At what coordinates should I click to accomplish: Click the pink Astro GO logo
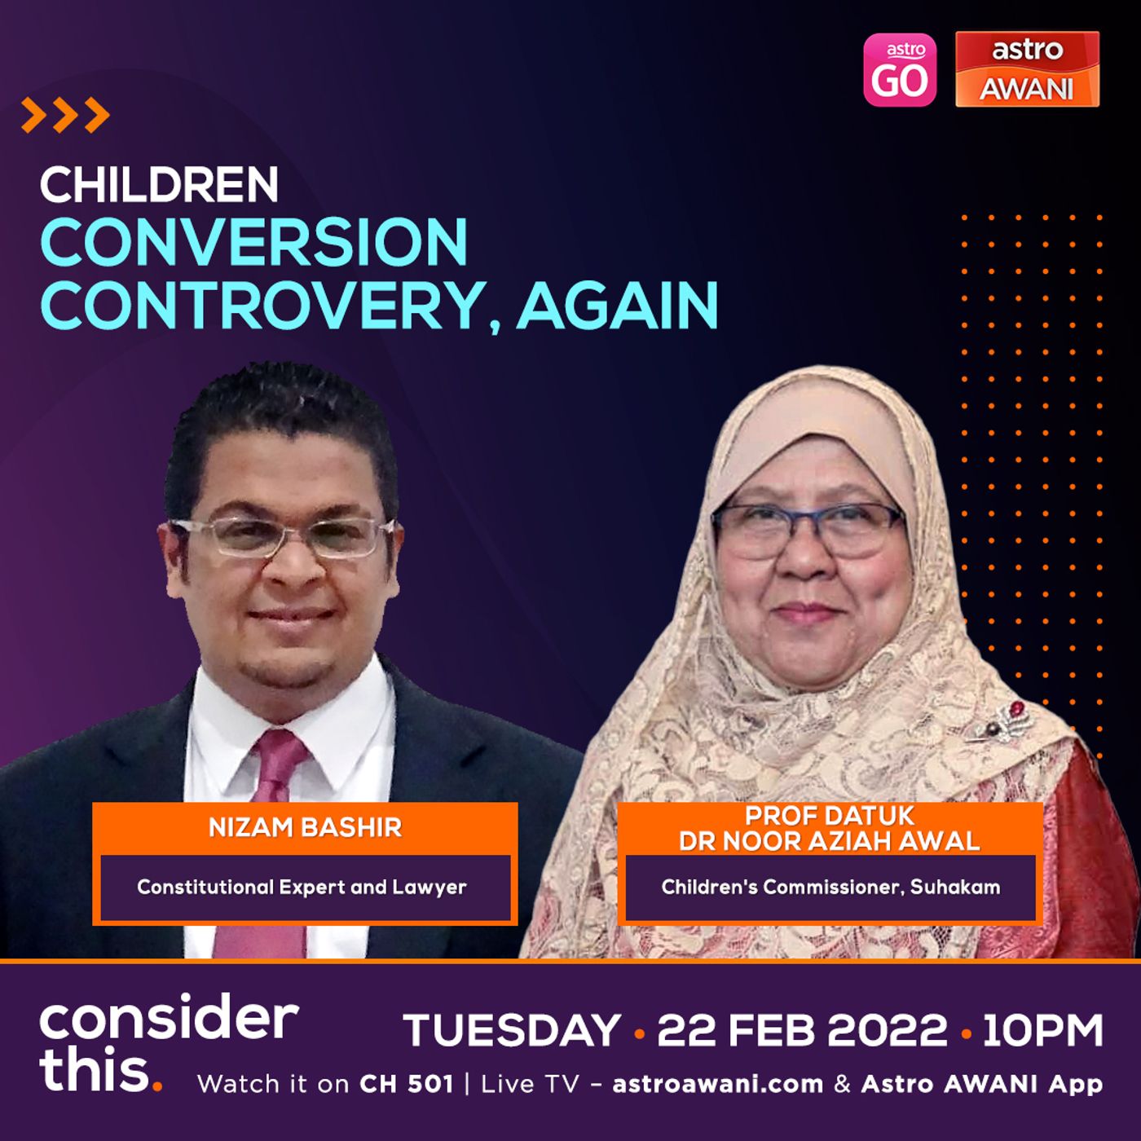900,70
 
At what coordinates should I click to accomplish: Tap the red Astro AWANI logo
1028,69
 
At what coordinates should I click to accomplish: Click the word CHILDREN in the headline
159,185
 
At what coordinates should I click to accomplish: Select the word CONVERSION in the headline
254,242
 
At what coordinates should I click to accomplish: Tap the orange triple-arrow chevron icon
65,115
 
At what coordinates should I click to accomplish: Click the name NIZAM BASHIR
305,828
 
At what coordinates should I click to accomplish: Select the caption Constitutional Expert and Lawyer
302,887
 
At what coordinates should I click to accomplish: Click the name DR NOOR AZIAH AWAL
830,841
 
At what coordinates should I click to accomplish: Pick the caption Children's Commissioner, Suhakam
830,887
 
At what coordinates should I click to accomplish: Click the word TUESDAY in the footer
512,1031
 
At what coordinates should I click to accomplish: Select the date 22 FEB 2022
802,1031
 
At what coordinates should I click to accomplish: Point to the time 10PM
1043,1031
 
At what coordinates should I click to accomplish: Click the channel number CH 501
406,1085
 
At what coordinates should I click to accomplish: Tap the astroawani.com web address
718,1085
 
